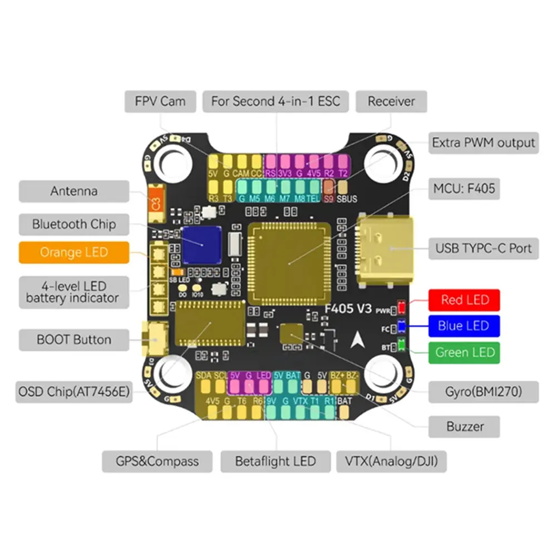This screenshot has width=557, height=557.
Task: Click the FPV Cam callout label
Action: (x=160, y=101)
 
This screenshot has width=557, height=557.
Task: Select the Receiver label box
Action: (x=391, y=101)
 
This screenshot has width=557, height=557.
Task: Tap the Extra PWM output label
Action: (x=483, y=142)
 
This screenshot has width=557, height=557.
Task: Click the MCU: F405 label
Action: (x=464, y=189)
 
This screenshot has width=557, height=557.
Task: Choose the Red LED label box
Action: (x=465, y=300)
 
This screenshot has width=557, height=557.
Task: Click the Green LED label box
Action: (x=465, y=352)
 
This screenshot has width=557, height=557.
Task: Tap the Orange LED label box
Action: (x=74, y=252)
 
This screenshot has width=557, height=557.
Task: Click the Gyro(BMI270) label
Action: (x=483, y=392)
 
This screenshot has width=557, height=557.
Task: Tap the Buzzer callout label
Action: (x=465, y=427)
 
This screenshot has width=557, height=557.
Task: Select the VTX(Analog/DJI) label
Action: (x=391, y=461)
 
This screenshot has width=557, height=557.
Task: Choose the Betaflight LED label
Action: (x=275, y=461)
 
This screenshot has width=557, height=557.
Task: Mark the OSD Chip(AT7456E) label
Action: (x=73, y=393)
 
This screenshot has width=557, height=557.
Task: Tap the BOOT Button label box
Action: (x=74, y=339)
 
